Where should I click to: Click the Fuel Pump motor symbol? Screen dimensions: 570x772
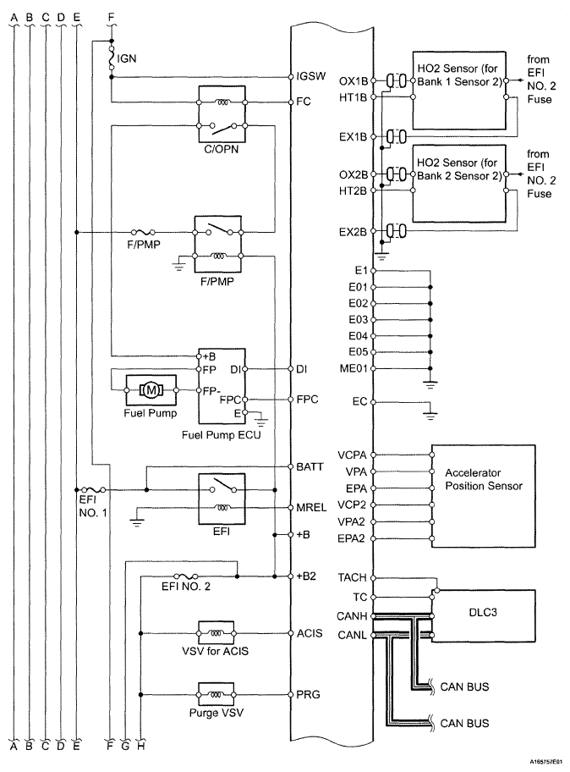[151, 390]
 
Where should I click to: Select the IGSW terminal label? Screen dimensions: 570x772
[311, 76]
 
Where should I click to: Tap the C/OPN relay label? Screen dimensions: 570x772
[222, 149]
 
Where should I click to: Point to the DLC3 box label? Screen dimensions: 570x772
[483, 612]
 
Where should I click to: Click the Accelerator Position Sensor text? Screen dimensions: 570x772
[484, 479]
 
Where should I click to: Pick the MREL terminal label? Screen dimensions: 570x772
[311, 507]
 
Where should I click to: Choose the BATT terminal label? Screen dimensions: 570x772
[310, 466]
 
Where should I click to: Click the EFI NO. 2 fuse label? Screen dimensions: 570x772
[186, 587]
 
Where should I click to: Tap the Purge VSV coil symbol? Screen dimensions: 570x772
[216, 694]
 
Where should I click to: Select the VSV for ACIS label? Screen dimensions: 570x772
[216, 651]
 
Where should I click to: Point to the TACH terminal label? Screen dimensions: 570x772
[352, 577]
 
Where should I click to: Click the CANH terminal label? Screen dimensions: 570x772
[352, 616]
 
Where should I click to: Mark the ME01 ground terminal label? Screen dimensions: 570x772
[354, 368]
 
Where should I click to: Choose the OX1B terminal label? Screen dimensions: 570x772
[354, 80]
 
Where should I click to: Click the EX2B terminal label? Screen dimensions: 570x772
[354, 231]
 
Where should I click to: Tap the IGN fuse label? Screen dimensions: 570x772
[126, 58]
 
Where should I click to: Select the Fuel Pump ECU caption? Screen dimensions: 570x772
[222, 435]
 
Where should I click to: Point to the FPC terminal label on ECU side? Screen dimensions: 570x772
[307, 400]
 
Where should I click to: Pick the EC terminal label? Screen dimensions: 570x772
[359, 401]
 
